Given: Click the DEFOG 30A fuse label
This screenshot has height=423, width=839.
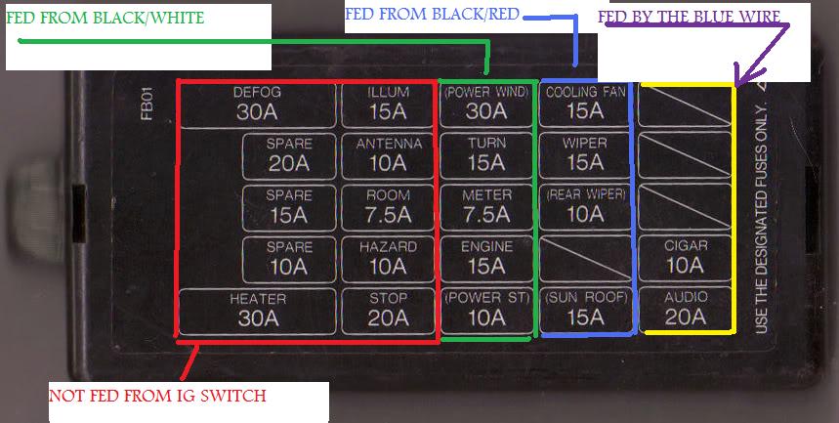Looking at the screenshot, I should [x=257, y=103].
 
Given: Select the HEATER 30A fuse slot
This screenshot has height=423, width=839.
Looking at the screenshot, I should [x=257, y=309].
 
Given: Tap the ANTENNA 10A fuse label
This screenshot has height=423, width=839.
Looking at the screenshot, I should [x=388, y=154].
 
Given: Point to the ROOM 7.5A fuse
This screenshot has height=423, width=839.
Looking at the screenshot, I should [x=388, y=205].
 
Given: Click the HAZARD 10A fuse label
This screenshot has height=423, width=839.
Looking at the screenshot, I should [x=388, y=257].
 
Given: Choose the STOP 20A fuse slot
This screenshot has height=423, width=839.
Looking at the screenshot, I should [x=388, y=309].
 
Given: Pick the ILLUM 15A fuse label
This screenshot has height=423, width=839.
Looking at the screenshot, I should [x=388, y=103].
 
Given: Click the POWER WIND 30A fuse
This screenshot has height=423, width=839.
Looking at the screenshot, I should [x=486, y=103].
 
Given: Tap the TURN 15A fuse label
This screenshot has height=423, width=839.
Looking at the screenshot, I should [x=486, y=154].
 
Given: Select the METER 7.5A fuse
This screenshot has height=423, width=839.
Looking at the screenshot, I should [x=486, y=205].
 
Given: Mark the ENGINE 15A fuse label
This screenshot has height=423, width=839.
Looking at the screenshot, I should [x=486, y=257].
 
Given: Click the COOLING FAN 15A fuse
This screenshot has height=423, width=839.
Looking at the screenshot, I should [x=585, y=103].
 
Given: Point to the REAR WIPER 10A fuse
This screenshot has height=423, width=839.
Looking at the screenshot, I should [x=585, y=205].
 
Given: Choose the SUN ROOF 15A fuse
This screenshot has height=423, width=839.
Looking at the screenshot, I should [x=585, y=309].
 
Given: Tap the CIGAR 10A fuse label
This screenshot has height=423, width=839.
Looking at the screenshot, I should [x=685, y=257].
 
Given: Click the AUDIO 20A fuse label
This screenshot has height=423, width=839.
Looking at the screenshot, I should [x=685, y=309].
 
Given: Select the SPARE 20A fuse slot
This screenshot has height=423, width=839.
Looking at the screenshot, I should [x=289, y=154].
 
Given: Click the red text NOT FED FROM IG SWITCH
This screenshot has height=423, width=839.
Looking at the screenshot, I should [x=157, y=396].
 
